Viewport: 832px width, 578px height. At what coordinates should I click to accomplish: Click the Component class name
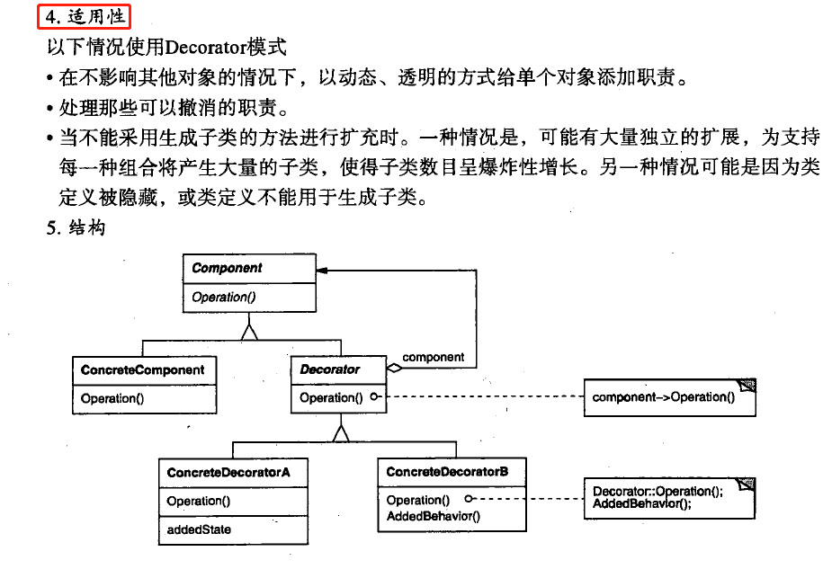pyautogui.click(x=227, y=268)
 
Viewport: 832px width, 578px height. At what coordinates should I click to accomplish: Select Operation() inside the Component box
pyautogui.click(x=219, y=297)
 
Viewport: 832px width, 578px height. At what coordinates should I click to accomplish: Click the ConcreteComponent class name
pyautogui.click(x=142, y=369)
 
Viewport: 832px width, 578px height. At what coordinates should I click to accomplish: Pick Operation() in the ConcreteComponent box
pyautogui.click(x=112, y=398)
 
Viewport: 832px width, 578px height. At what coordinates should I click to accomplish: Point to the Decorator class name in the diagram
pyautogui.click(x=329, y=369)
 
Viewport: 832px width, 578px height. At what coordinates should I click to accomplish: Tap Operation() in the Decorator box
pyautogui.click(x=326, y=397)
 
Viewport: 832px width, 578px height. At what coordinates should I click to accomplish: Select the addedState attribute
pyautogui.click(x=199, y=529)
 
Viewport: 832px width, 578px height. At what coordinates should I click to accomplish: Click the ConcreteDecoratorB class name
pyautogui.click(x=447, y=472)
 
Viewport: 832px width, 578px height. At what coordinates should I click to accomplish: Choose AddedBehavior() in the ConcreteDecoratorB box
pyautogui.click(x=433, y=516)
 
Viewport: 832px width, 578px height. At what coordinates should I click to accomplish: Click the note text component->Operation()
pyautogui.click(x=664, y=397)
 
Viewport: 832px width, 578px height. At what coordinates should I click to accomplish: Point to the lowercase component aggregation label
pyautogui.click(x=434, y=357)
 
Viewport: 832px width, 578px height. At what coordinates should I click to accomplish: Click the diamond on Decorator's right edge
pyautogui.click(x=393, y=368)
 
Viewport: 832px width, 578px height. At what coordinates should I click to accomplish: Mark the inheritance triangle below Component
pyautogui.click(x=249, y=332)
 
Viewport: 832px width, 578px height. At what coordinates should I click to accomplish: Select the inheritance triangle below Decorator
pyautogui.click(x=339, y=433)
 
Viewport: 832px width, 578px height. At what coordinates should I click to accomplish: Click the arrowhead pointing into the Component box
pyautogui.click(x=322, y=270)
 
